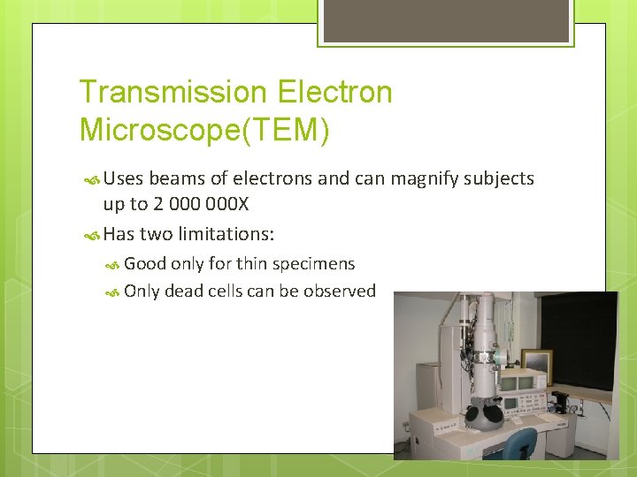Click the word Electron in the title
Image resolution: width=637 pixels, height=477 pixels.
(334, 92)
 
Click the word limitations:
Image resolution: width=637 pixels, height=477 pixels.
(226, 234)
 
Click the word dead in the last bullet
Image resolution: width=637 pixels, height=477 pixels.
(183, 291)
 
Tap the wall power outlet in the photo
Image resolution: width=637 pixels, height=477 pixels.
(406, 426)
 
